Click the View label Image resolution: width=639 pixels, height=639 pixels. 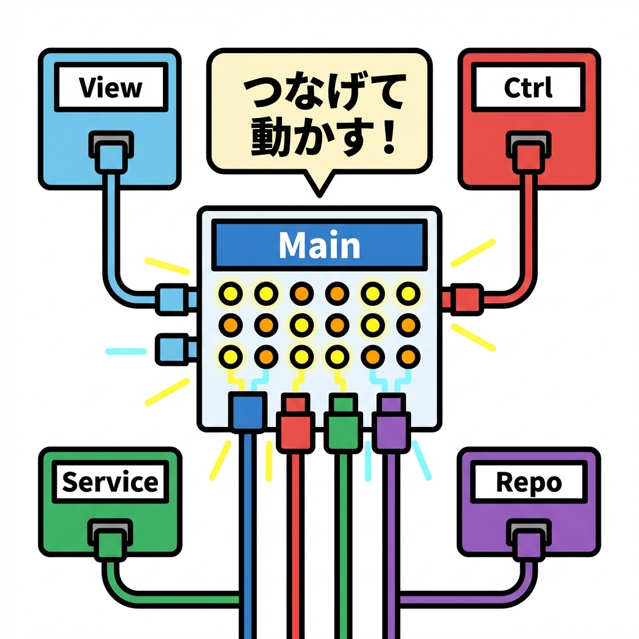(110, 88)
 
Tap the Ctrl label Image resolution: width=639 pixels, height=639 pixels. (528, 88)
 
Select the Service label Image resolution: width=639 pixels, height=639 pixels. (110, 482)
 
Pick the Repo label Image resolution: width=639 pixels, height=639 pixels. (528, 482)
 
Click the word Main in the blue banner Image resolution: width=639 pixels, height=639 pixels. (319, 245)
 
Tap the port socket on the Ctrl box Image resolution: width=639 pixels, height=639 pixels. (528, 145)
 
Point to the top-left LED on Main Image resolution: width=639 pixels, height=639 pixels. (230, 291)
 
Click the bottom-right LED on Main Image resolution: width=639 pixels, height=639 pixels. (408, 356)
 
